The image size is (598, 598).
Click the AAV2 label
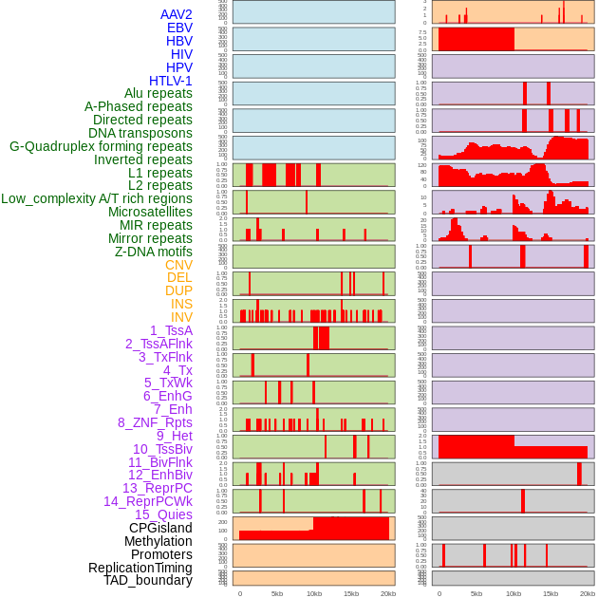(x=176, y=14)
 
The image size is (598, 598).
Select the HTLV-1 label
(x=170, y=81)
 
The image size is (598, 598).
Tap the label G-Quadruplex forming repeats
(x=101, y=146)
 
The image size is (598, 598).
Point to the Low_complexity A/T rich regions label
(x=97, y=198)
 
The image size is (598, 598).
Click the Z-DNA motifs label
(x=153, y=252)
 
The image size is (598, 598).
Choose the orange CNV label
(x=178, y=265)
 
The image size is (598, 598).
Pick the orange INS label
(x=181, y=304)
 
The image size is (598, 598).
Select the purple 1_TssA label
(x=171, y=330)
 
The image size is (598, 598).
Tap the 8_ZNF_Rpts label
(x=155, y=422)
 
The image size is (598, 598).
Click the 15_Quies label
(x=163, y=514)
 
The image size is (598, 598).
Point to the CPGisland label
(x=160, y=528)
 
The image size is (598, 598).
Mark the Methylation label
(x=158, y=541)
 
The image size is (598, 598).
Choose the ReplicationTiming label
(x=140, y=568)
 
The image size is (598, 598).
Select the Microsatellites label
(x=150, y=212)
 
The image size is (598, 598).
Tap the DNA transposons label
(x=140, y=133)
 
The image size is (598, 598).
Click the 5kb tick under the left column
(x=277, y=593)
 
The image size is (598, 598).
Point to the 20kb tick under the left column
(x=387, y=593)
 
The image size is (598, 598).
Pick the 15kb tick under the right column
(x=550, y=593)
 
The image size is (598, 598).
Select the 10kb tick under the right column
(x=514, y=593)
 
